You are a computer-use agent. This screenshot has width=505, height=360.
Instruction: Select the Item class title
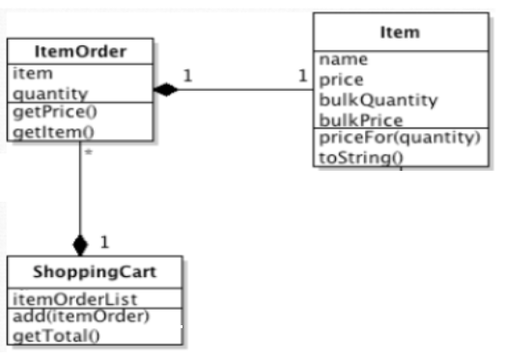pos(400,33)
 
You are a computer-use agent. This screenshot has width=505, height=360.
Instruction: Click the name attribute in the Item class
pos(343,60)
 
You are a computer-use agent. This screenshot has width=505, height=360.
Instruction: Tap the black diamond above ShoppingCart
pos(79,245)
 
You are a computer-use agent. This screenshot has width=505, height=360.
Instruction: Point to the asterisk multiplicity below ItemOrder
pos(88,153)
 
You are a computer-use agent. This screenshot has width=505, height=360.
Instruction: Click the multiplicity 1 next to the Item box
pos(301,76)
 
